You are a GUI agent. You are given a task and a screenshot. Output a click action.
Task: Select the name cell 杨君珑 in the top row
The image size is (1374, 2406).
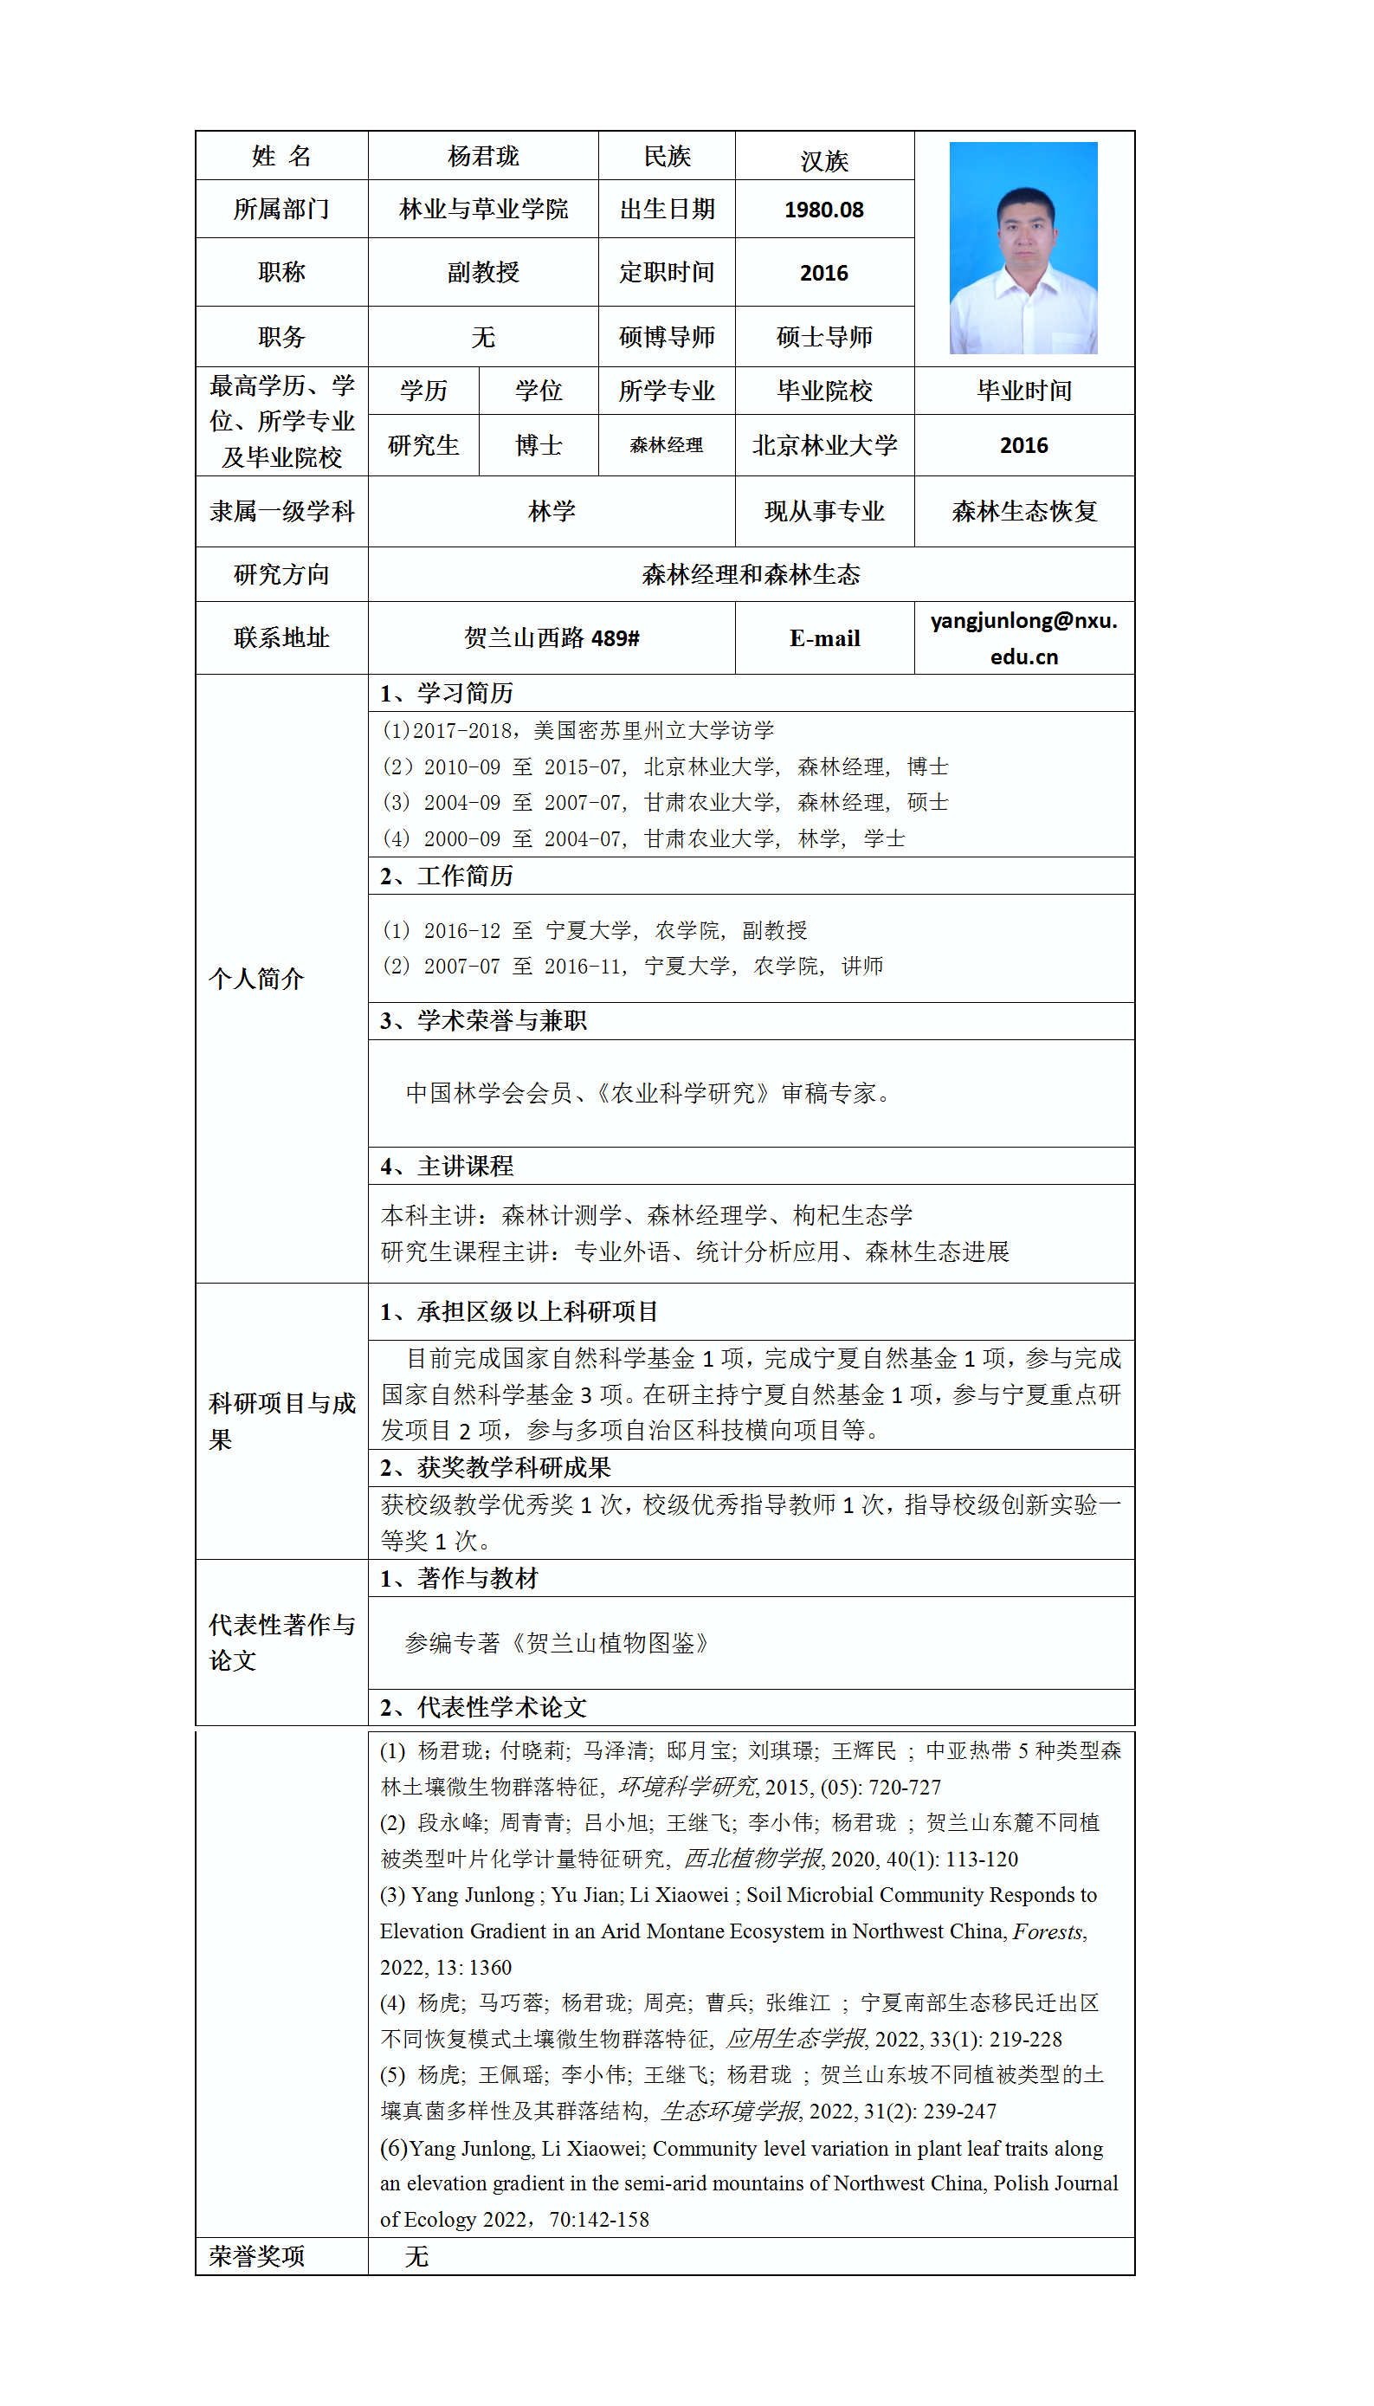click(482, 156)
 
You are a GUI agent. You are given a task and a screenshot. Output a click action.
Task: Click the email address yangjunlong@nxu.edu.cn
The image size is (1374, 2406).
click(1023, 638)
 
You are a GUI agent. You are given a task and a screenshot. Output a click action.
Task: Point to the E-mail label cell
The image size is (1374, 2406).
click(824, 638)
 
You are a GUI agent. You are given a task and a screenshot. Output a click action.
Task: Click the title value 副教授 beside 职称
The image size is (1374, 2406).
click(482, 272)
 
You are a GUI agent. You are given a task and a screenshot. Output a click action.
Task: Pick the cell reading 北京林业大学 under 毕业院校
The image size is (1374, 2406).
click(824, 444)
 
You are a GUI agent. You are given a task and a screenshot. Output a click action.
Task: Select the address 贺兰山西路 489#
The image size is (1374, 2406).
click(552, 638)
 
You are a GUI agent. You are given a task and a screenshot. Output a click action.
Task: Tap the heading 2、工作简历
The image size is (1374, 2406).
click(447, 876)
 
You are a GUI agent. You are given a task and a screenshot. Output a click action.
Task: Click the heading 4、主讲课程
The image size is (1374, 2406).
click(447, 1167)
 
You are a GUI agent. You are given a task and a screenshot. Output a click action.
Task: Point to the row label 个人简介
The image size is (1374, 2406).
click(255, 979)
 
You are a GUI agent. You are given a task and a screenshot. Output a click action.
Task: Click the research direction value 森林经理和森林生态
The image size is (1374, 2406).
click(751, 574)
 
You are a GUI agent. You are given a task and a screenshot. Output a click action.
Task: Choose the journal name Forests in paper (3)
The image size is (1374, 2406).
click(1048, 1931)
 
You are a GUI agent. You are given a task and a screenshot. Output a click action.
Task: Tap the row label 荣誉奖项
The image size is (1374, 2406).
click(256, 2256)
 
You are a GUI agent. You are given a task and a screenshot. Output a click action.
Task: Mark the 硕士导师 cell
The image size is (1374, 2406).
click(824, 336)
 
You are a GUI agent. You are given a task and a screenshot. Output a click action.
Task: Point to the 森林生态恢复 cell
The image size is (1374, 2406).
click(1024, 511)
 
